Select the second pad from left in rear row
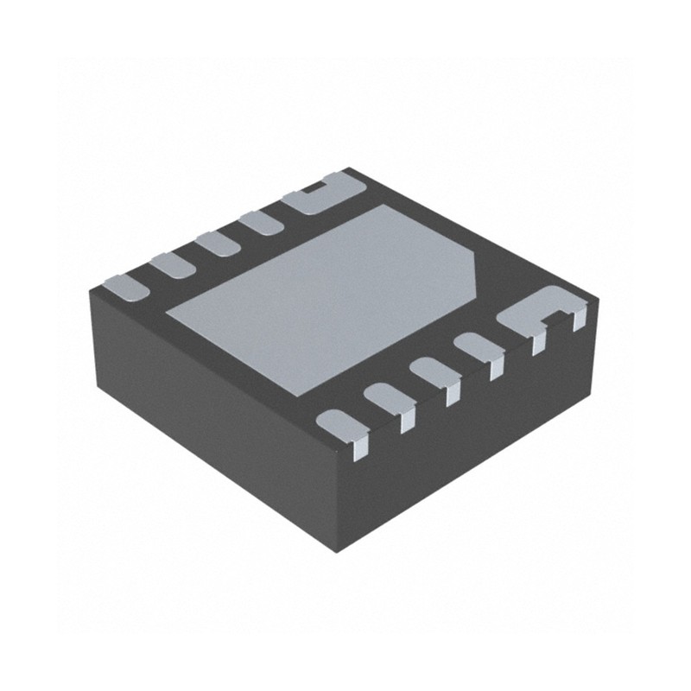173,264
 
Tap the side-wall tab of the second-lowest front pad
407,419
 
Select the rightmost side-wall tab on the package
578,320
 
